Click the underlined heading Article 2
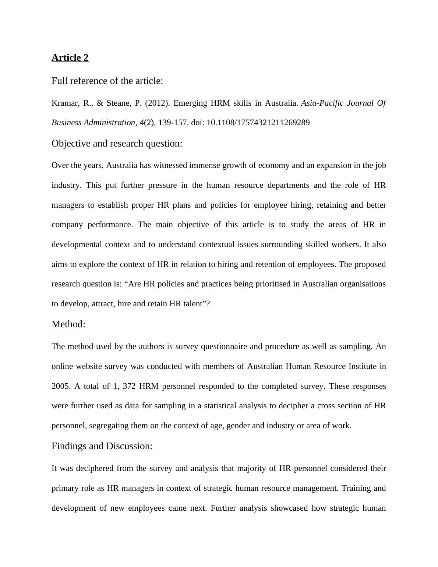[x=70, y=58]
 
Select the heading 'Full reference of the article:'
[x=107, y=81]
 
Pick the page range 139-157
[x=173, y=123]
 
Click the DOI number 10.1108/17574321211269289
[x=258, y=123]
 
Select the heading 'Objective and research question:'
[x=117, y=144]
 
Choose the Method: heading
[x=68, y=324]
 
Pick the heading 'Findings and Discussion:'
[x=102, y=446]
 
